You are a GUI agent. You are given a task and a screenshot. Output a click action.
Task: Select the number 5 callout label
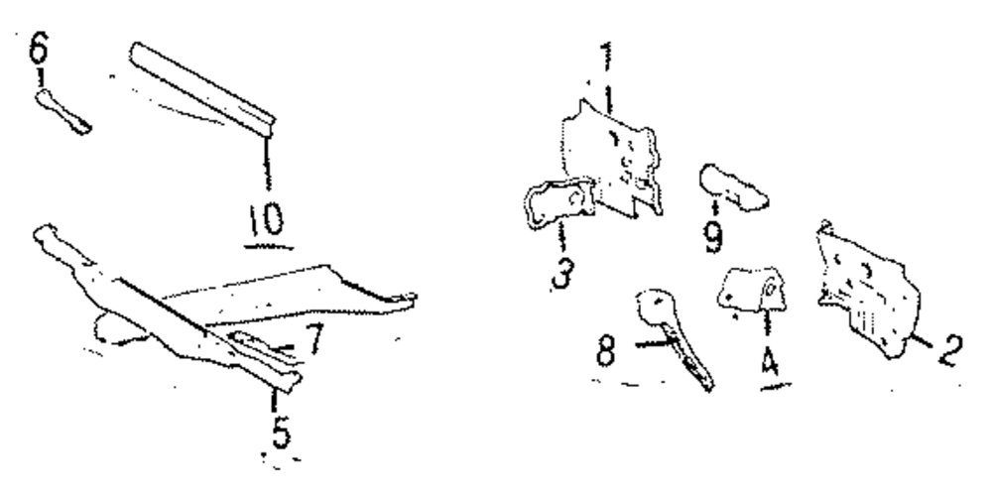[x=281, y=434]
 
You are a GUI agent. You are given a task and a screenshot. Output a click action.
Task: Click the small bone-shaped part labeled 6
[x=63, y=109]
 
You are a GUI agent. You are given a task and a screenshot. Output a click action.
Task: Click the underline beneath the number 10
[x=262, y=241]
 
